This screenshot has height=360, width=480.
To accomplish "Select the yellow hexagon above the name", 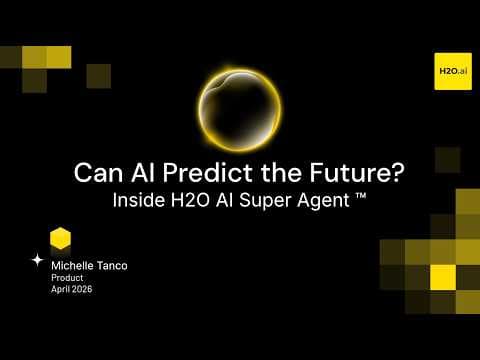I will coord(61,238).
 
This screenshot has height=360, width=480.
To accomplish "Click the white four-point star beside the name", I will coord(38,259).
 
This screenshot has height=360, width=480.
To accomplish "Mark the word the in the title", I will coord(288,171).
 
